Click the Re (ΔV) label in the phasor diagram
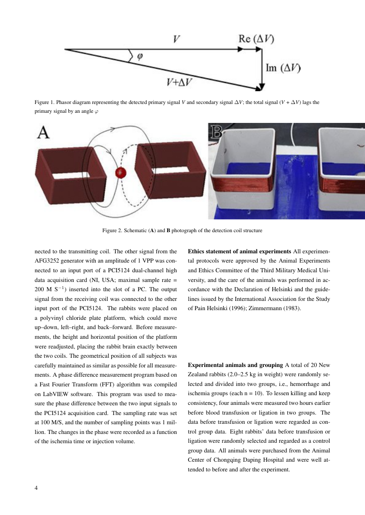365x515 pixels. pos(256,39)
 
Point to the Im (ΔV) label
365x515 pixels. pos(283,68)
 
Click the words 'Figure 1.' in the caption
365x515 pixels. pos(45,103)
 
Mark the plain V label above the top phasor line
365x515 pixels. pos(176,39)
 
